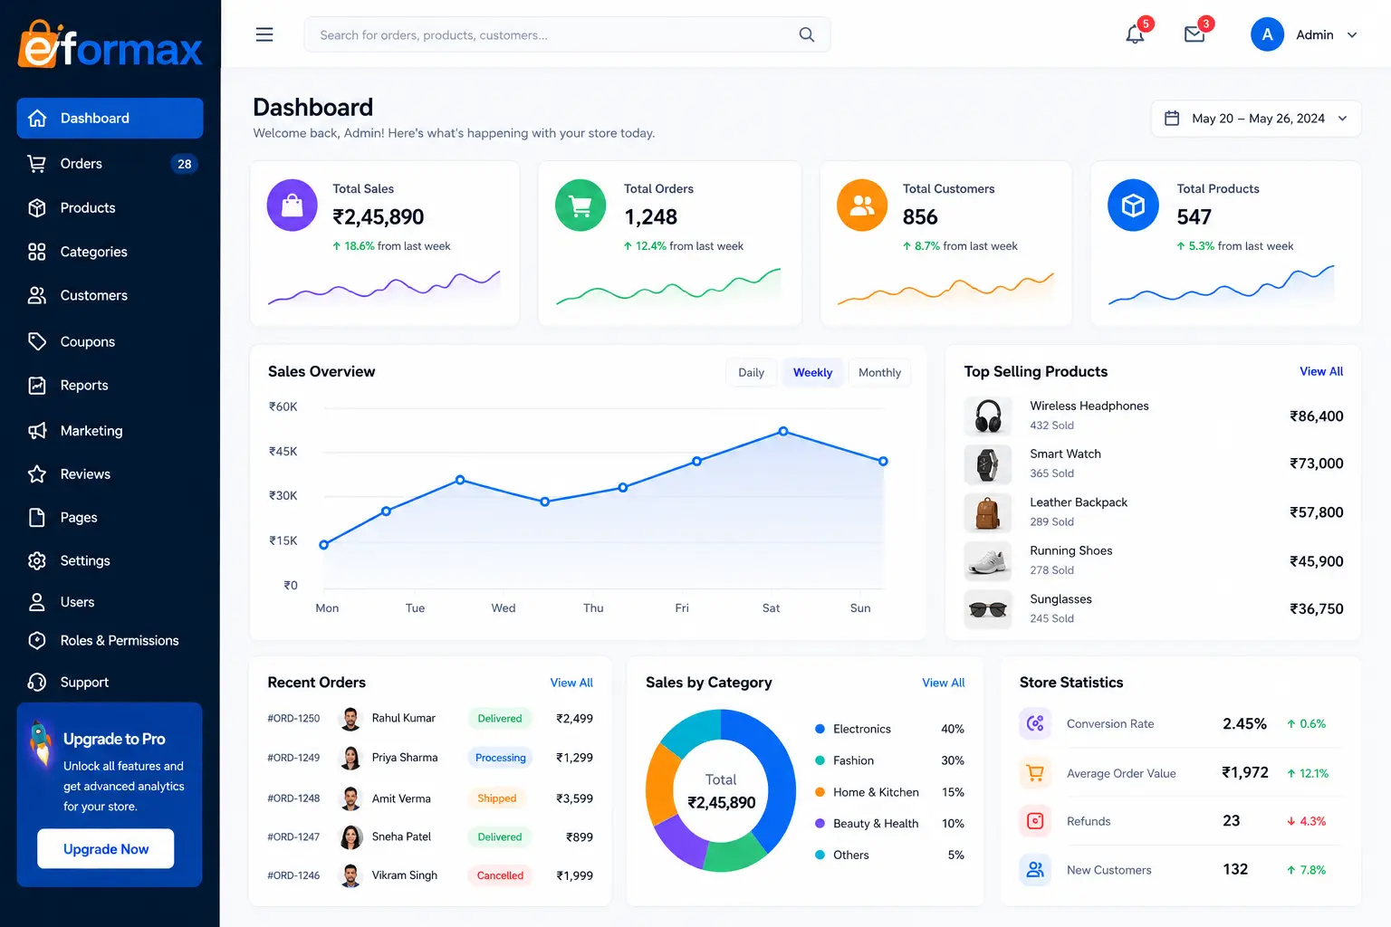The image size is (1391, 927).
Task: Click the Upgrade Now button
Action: coord(106,848)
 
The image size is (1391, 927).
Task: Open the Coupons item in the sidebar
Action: coord(87,341)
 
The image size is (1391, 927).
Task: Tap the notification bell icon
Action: coord(1135,34)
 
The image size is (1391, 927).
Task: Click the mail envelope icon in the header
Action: coord(1194,34)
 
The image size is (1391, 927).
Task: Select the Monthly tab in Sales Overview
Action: coord(879,373)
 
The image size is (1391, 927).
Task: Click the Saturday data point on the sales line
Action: coord(783,431)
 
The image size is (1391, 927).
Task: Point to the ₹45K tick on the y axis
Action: coord(283,452)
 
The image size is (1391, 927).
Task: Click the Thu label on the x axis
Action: coord(593,607)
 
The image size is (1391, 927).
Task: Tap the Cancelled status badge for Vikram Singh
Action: coord(500,875)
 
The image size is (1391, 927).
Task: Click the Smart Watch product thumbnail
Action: coord(987,463)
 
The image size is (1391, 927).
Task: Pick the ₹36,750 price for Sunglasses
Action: coord(1316,609)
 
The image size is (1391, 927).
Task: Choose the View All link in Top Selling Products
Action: coord(1321,371)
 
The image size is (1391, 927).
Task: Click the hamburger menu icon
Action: coord(264,34)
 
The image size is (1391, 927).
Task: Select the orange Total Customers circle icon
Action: coord(862,205)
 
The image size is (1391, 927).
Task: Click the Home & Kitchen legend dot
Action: coord(820,791)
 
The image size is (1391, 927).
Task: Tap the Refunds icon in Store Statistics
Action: coord(1035,821)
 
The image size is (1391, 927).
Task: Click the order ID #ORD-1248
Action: coord(293,798)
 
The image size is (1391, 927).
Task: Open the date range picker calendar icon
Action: coord(1171,118)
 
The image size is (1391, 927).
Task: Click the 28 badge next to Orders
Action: coord(184,164)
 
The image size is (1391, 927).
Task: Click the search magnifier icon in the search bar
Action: coord(806,34)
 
